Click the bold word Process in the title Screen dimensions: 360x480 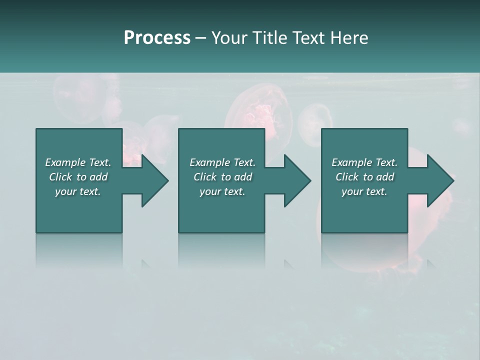(157, 38)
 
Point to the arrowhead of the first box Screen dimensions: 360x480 (154, 180)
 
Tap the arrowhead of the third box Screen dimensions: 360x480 (439, 180)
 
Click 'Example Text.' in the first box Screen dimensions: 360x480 (78, 162)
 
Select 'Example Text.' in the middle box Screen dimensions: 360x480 (222, 162)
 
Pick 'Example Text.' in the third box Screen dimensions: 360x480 (364, 162)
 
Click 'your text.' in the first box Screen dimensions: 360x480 (78, 191)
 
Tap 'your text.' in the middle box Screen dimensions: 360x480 (222, 191)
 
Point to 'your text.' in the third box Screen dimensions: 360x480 (364, 191)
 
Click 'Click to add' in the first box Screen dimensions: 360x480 (78, 177)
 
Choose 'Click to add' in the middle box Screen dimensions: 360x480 (222, 177)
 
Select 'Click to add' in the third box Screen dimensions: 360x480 (364, 177)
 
